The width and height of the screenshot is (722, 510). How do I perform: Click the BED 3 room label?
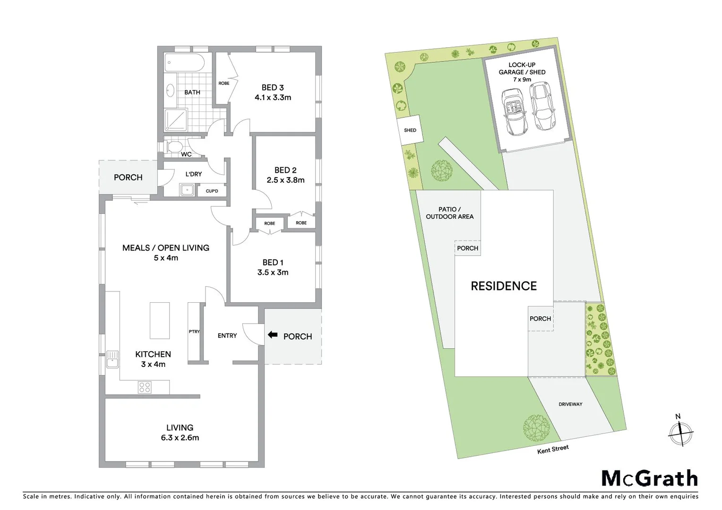[x=273, y=87]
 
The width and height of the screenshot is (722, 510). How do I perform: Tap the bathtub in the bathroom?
[x=184, y=63]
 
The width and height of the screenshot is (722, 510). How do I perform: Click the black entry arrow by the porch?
[x=273, y=335]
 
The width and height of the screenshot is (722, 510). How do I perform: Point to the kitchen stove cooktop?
[x=145, y=388]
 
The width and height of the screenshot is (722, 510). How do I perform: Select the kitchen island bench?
[x=160, y=320]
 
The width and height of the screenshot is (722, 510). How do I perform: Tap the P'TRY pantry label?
[x=194, y=331]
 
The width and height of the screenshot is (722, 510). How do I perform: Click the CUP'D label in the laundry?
[x=212, y=191]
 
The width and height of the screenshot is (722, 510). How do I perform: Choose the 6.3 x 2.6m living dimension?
[x=180, y=438]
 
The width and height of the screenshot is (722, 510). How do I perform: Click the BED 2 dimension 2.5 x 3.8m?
[x=285, y=180]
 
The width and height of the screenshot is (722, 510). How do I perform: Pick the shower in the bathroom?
[x=176, y=120]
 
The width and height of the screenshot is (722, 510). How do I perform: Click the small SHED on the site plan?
[x=410, y=130]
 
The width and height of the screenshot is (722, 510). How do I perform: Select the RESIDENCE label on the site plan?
[x=504, y=286]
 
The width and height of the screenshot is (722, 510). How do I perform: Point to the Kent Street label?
[x=553, y=449]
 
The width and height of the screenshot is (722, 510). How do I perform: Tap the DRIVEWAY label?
[x=570, y=404]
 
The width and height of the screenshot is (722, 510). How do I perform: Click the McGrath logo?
[x=649, y=478]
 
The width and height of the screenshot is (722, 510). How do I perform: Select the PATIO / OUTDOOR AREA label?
[x=449, y=213]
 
